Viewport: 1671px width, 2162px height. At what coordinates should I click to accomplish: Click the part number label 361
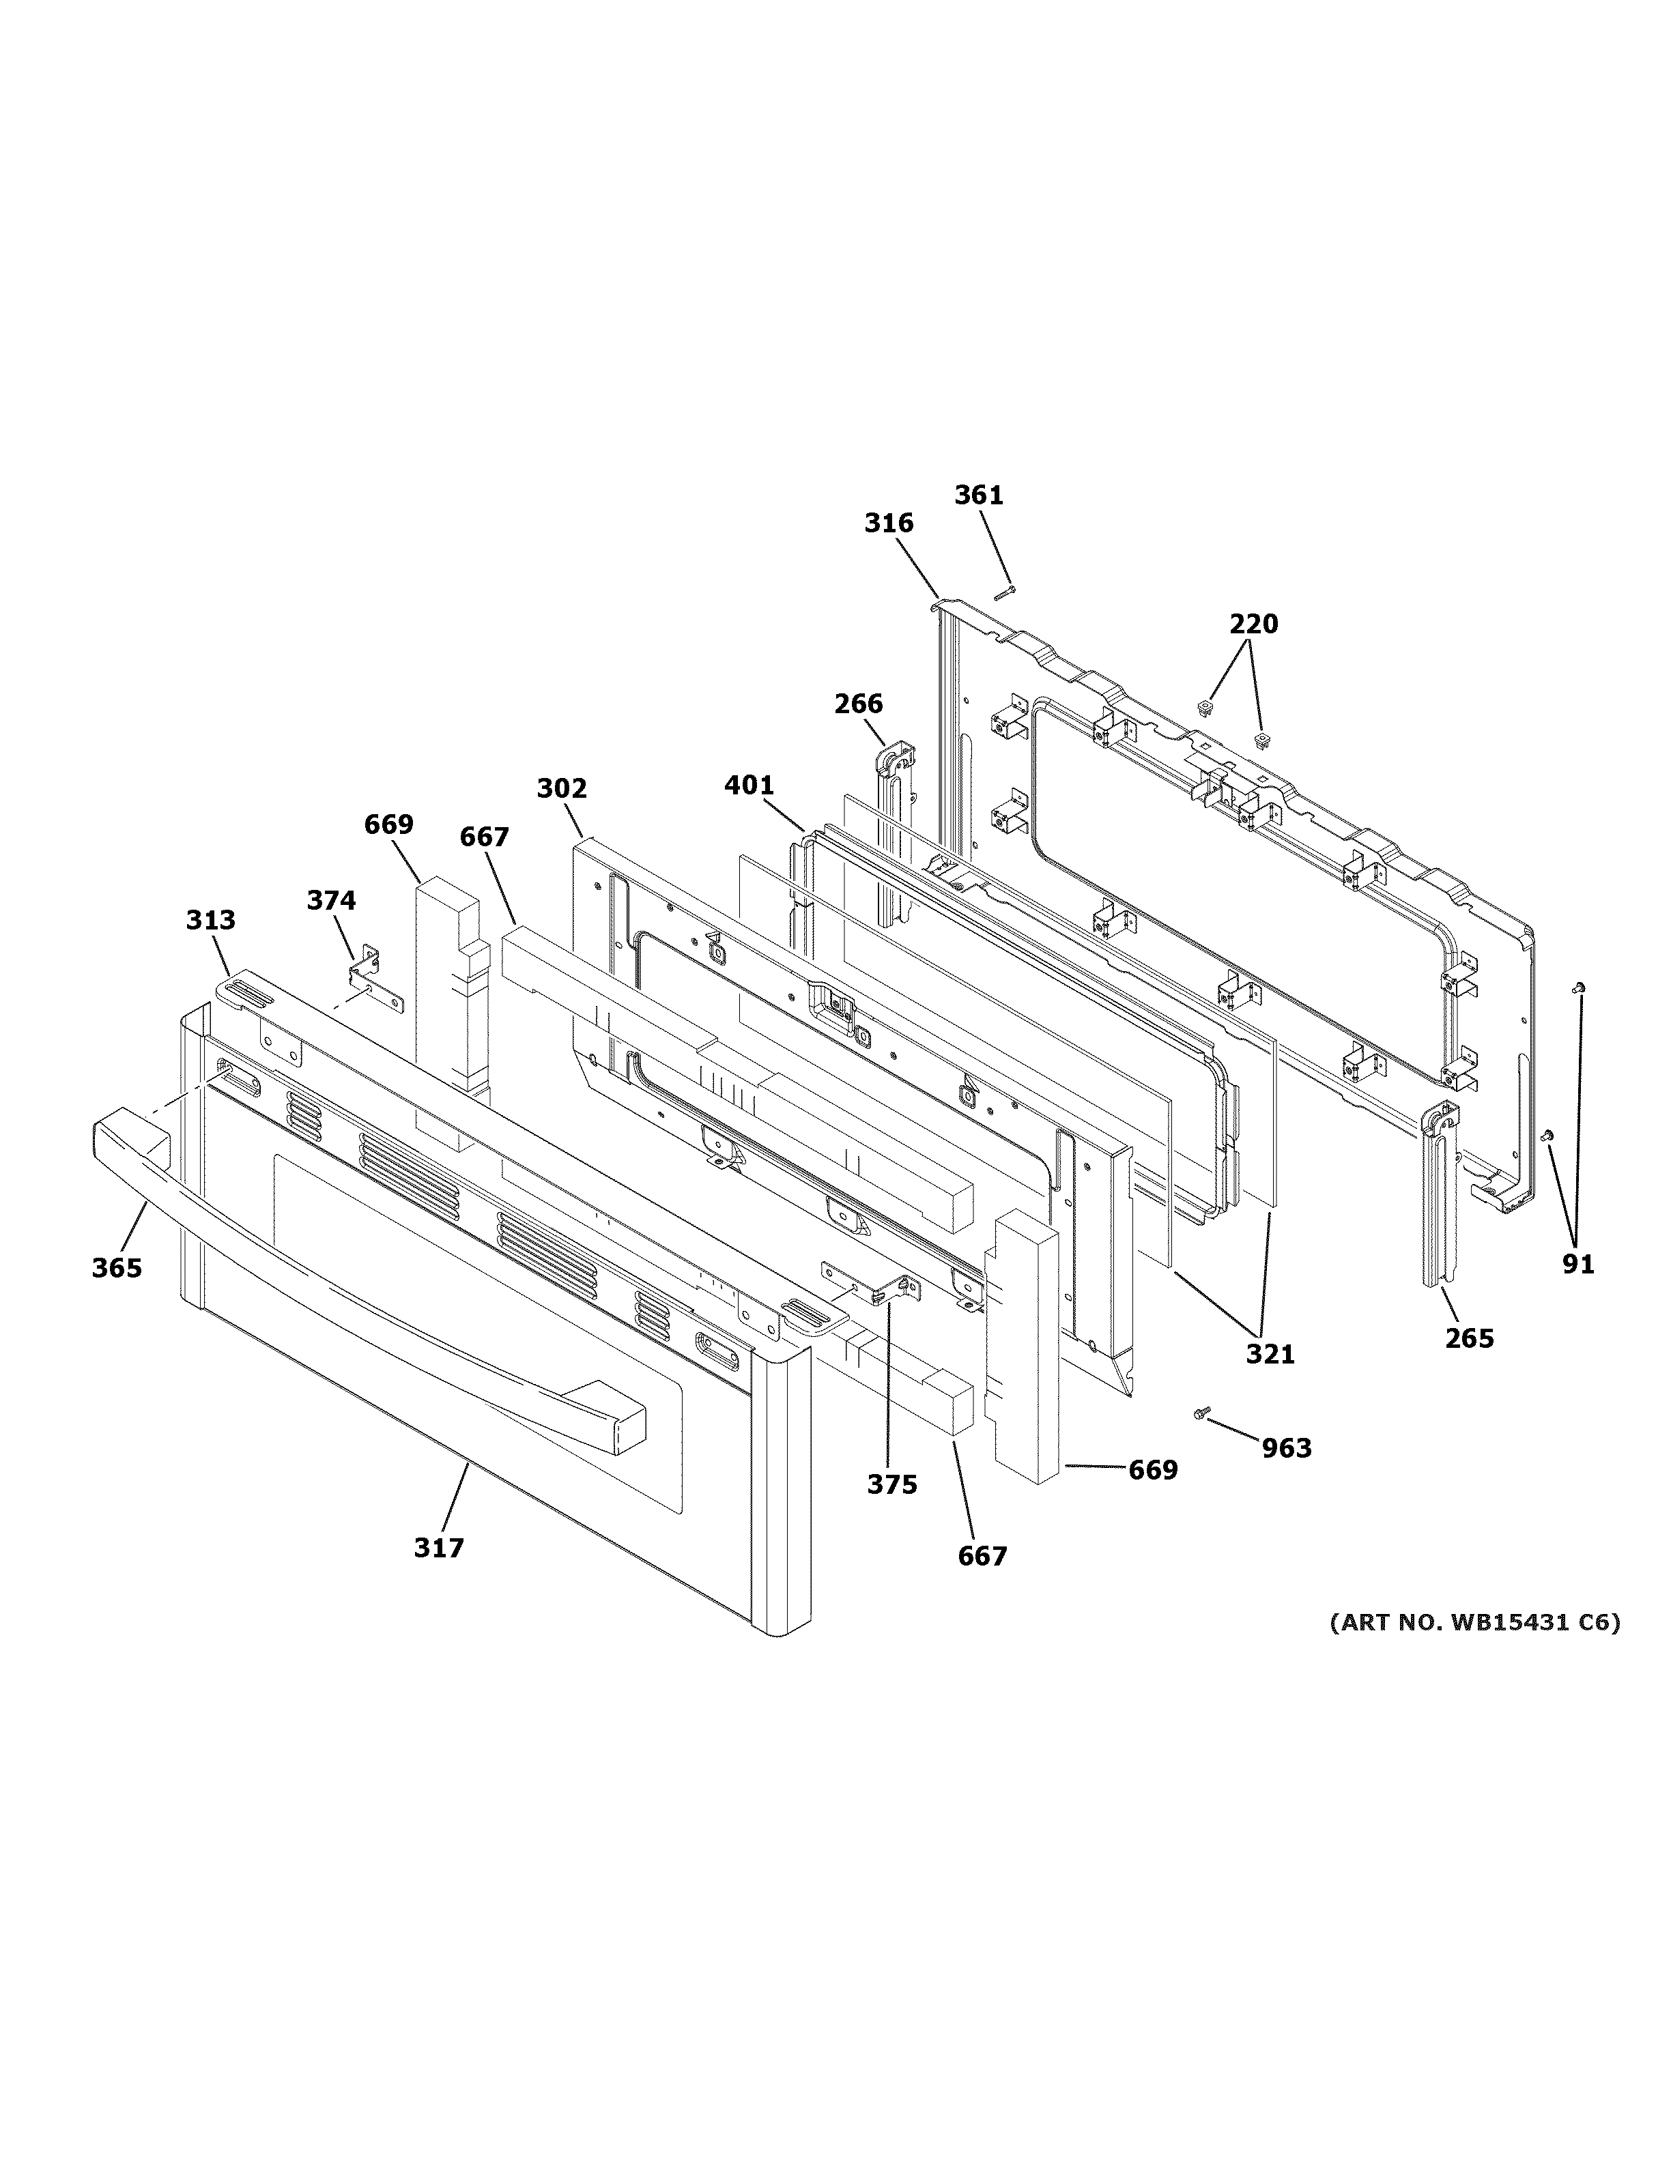[978, 495]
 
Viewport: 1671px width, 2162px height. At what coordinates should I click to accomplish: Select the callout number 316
[888, 523]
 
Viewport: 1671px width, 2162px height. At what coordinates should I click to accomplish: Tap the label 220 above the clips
[1253, 624]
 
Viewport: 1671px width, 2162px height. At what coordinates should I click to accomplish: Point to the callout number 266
[857, 704]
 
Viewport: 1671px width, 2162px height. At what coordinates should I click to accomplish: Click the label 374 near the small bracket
[330, 900]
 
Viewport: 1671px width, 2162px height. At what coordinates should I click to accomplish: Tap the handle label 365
[117, 1267]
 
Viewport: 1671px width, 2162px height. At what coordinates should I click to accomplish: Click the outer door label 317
[438, 1547]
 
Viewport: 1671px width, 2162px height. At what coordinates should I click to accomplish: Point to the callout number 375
[892, 1484]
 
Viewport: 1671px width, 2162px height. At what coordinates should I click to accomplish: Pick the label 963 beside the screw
[1286, 1448]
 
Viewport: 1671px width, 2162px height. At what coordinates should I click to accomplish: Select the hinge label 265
[1468, 1338]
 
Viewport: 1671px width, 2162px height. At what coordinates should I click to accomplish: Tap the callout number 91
[1578, 1264]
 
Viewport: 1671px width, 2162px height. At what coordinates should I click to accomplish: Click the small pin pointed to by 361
[1005, 593]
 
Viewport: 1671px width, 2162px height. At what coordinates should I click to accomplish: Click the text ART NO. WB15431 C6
[1474, 1622]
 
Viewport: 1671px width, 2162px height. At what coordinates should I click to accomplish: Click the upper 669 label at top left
[388, 824]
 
